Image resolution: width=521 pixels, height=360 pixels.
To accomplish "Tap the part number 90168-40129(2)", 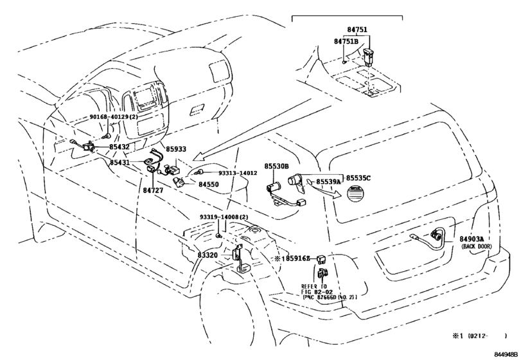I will pyautogui.click(x=114, y=117).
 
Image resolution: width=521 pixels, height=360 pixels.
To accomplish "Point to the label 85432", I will pyautogui.click(x=119, y=147).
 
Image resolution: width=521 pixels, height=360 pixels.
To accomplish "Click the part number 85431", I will pyautogui.click(x=119, y=163).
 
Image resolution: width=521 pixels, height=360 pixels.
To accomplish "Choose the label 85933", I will pyautogui.click(x=176, y=149).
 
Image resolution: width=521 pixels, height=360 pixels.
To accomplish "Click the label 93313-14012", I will pyautogui.click(x=238, y=173).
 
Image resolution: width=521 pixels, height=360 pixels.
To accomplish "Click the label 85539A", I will pyautogui.click(x=328, y=182).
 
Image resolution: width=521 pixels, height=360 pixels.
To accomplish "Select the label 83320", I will pyautogui.click(x=208, y=255).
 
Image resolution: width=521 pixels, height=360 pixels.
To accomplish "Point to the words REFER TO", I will pyautogui.click(x=314, y=286).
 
